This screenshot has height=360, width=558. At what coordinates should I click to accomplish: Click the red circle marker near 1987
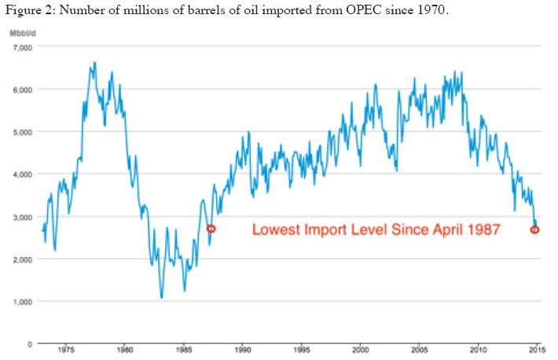tap(211, 229)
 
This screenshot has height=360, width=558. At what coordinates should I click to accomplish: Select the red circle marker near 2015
tap(535, 230)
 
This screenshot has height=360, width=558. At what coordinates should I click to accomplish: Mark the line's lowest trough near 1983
tap(161, 297)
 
